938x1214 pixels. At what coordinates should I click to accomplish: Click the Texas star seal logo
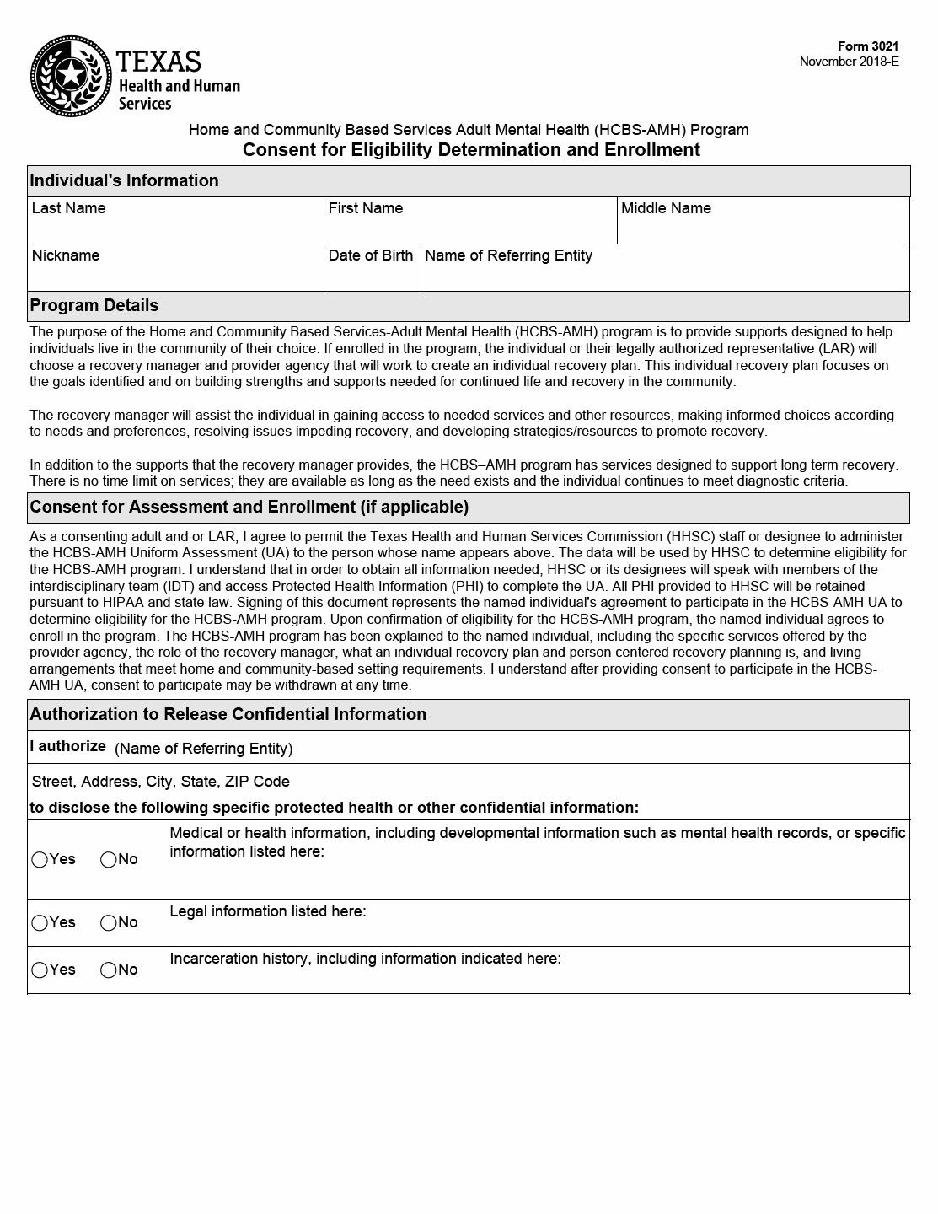(71, 77)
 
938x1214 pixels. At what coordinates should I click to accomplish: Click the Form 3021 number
(868, 46)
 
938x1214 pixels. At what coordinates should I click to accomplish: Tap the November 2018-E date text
(849, 62)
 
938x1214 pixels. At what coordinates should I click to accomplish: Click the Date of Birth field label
(371, 255)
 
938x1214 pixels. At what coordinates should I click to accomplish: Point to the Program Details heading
(94, 305)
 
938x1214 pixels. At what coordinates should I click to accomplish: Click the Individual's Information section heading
(124, 180)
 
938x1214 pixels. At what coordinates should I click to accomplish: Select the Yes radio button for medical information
(40, 860)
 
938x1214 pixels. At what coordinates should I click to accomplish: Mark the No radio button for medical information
(109, 860)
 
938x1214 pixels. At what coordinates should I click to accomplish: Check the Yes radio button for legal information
(40, 923)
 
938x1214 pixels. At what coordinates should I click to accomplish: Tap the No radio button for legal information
(109, 923)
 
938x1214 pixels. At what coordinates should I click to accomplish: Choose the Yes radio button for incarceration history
(40, 970)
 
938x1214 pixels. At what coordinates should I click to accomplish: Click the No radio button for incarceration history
(109, 970)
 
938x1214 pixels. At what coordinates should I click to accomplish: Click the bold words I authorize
(67, 746)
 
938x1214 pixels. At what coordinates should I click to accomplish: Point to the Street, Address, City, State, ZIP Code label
(160, 782)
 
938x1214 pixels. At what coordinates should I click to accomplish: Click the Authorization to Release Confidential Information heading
(228, 714)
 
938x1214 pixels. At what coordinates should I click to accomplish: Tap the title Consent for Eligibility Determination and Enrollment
(471, 150)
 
